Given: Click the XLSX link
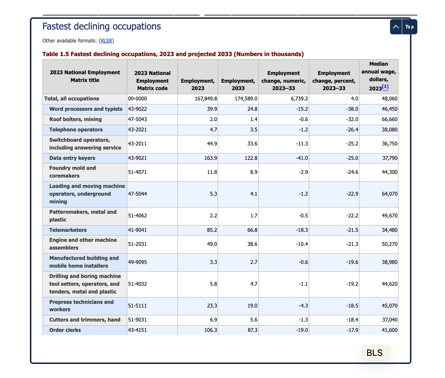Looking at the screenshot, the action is [106, 41].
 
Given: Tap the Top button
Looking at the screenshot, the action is [403, 27].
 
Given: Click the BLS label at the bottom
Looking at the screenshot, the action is [375, 353].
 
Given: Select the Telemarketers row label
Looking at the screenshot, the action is [68, 230].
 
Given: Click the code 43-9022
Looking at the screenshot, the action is [137, 109].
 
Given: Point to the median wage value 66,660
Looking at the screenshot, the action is [390, 119].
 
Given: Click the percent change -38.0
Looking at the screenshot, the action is [352, 109].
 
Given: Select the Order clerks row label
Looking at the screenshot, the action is [65, 330].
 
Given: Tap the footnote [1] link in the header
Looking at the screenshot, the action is [385, 87].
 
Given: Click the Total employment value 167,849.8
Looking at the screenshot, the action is [206, 99].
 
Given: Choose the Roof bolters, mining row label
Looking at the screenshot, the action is [75, 119].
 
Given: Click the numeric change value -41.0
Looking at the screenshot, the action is [302, 158].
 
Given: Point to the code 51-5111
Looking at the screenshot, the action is [137, 306].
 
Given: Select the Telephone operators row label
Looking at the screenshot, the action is [76, 130].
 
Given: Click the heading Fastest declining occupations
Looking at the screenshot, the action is [101, 26].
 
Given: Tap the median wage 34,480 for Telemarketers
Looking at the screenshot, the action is [390, 230].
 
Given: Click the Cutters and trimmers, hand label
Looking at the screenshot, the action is [85, 320].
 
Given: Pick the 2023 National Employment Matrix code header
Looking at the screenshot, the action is [152, 81].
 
